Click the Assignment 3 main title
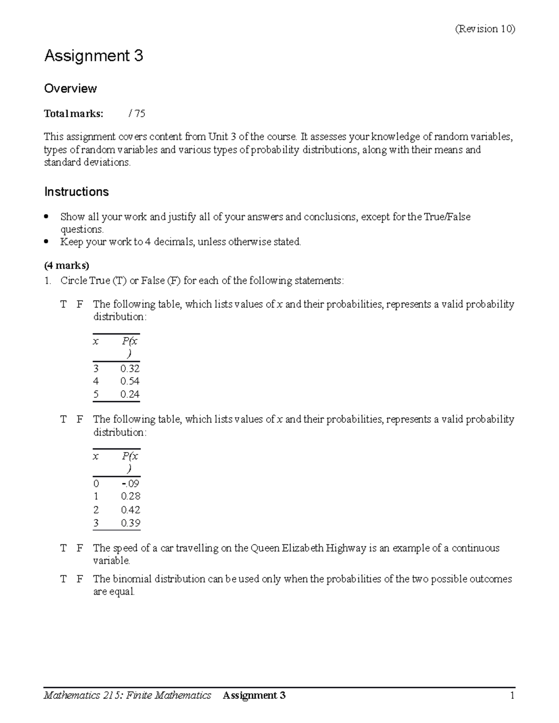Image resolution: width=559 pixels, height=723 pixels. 93,56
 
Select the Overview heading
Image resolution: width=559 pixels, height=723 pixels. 70,88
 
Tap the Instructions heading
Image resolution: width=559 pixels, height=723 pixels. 76,192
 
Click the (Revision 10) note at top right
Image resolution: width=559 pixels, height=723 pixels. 484,29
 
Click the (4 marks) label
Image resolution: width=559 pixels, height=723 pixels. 66,265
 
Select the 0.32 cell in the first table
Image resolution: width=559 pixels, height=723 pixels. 130,369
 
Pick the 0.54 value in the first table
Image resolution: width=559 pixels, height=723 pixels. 130,381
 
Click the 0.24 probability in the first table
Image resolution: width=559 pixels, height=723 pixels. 130,394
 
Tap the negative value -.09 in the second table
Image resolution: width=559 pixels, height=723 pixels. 130,484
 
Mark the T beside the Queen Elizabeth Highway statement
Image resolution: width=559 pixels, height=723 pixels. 63,548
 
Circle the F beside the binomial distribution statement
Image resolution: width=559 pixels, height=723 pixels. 80,579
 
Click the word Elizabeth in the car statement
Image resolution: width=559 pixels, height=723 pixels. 302,548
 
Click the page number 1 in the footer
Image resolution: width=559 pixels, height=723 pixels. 512,696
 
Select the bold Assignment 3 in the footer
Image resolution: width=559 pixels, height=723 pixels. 254,696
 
